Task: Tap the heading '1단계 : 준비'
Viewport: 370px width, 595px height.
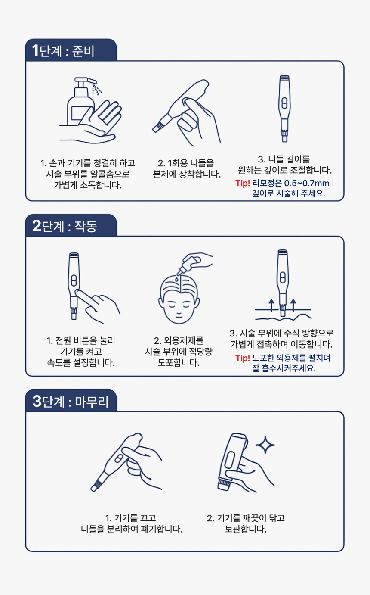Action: [x=63, y=50]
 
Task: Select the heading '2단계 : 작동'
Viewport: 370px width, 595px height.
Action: [x=65, y=226]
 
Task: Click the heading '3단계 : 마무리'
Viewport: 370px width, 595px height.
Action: [x=70, y=401]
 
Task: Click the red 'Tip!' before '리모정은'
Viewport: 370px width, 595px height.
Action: [x=242, y=183]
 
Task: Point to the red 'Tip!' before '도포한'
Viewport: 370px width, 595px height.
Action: [x=242, y=358]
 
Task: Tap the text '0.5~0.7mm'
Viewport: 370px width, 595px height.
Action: [x=306, y=183]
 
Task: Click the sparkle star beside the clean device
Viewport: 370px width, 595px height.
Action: [x=265, y=445]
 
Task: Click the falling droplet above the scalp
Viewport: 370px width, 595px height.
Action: [x=176, y=279]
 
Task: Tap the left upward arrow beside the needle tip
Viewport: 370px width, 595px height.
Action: [x=271, y=305]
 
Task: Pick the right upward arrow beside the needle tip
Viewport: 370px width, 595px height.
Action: [x=293, y=305]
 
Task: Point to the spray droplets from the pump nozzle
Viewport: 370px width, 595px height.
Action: [x=97, y=90]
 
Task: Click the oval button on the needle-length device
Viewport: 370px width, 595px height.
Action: [x=284, y=103]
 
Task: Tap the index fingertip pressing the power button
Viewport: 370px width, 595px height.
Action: [x=78, y=293]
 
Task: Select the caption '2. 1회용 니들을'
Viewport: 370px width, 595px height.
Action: [x=186, y=163]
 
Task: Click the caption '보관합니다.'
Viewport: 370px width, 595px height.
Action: [x=245, y=530]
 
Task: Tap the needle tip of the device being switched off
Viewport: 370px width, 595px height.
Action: [x=94, y=489]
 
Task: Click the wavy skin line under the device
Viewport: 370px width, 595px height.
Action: [x=283, y=317]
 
